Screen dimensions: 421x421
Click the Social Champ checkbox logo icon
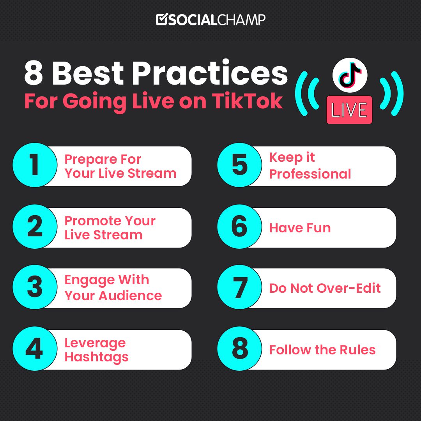click(161, 20)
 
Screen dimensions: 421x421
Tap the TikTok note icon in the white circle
click(350, 74)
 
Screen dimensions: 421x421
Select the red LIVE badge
click(349, 110)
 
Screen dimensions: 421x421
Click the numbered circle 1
click(35, 165)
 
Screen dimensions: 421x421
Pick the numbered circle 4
click(35, 349)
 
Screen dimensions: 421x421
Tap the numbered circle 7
click(239, 288)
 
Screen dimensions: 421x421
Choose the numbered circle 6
click(239, 228)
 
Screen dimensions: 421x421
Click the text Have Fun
click(300, 228)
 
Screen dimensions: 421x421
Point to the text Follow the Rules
click(322, 350)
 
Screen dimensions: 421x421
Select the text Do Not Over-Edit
click(325, 288)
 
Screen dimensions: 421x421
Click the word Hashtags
click(96, 357)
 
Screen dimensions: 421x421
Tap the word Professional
click(310, 174)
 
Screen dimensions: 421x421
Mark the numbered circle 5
click(239, 165)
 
